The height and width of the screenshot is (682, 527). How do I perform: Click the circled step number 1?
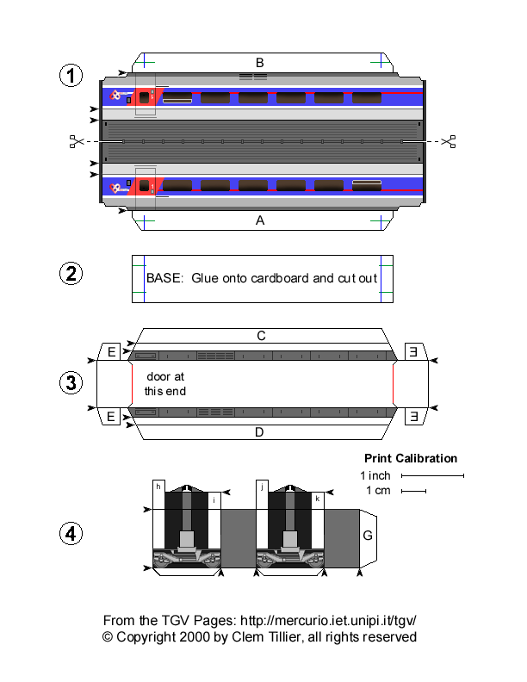pos(71,76)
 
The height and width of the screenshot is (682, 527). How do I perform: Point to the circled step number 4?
pos(71,534)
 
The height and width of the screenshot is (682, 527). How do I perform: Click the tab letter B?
pos(259,62)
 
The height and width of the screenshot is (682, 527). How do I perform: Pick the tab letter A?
pos(259,220)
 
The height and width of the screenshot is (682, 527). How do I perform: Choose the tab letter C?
pos(259,336)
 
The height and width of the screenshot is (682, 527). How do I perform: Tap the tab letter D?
pos(259,432)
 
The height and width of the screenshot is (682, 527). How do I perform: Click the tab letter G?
pos(368,536)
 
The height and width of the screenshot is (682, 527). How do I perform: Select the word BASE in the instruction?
pos(164,279)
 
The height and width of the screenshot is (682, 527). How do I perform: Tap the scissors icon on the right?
pos(448,141)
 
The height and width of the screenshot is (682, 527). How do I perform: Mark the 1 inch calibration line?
pos(432,475)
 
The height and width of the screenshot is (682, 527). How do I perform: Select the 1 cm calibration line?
pos(413,492)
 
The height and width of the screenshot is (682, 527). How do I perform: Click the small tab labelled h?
pos(158,487)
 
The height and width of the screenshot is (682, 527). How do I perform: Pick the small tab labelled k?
pos(318,499)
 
